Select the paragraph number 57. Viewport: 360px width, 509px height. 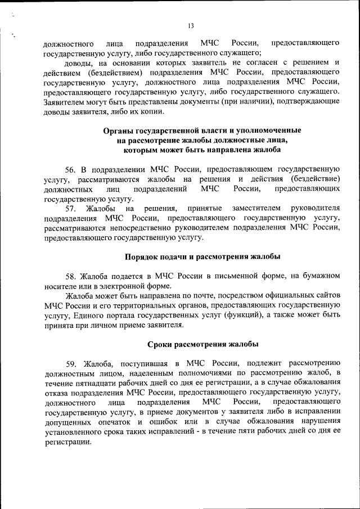(70, 209)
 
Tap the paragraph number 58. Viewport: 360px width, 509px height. (70, 275)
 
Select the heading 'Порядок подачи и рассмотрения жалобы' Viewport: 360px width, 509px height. (202, 257)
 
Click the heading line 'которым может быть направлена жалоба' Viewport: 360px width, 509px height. (202, 150)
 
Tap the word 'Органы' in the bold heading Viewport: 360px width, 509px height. (118, 130)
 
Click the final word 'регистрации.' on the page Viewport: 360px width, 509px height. (67, 442)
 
